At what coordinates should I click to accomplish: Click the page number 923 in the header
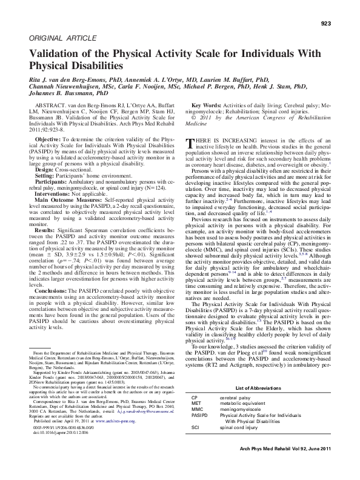tap(325, 24)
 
